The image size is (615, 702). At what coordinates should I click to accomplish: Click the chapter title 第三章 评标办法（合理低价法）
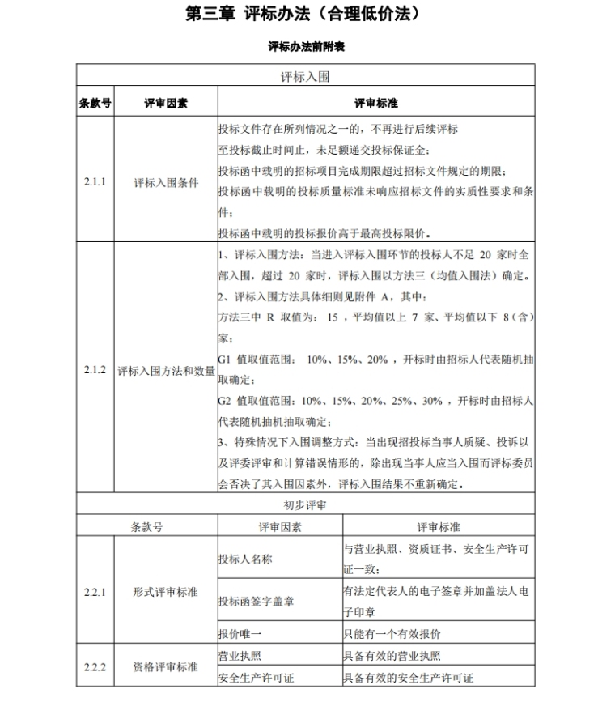click(307, 15)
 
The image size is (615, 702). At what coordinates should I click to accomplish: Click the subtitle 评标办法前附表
click(307, 47)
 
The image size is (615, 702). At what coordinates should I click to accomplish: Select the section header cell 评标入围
click(306, 77)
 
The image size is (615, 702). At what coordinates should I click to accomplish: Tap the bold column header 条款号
click(95, 104)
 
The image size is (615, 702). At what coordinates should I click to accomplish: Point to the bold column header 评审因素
click(166, 104)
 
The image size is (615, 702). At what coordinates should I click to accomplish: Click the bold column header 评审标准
click(376, 104)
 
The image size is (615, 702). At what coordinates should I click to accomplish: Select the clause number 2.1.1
click(95, 182)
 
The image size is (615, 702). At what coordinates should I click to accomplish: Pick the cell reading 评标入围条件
click(166, 182)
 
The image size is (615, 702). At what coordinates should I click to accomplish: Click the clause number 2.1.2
click(95, 370)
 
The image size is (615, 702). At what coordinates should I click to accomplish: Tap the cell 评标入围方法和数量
click(166, 371)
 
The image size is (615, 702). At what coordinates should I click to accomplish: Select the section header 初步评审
click(306, 504)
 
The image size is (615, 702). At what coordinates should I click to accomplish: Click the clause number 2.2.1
click(95, 591)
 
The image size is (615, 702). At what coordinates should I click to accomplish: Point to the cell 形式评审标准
click(165, 591)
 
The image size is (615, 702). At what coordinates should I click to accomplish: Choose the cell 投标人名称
click(245, 559)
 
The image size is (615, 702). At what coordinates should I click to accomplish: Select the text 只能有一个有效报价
click(392, 633)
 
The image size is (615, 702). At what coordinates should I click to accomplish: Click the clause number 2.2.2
click(95, 666)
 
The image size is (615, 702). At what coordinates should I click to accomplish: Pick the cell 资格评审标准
click(165, 666)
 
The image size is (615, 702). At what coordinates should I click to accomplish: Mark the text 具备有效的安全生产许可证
click(408, 678)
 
